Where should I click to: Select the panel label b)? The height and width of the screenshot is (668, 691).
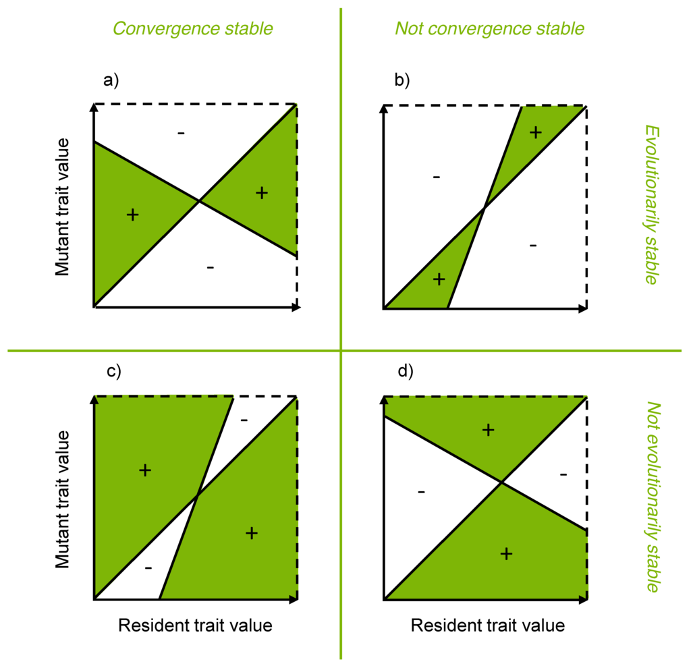[x=402, y=80]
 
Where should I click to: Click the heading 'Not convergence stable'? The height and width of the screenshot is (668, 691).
[x=489, y=28]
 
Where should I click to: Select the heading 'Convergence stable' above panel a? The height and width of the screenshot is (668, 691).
[x=192, y=28]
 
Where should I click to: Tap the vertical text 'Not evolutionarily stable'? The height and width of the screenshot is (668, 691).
[x=651, y=497]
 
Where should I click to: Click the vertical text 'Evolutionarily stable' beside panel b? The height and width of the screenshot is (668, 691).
[x=651, y=204]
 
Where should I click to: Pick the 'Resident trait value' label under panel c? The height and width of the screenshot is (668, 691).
[x=195, y=625]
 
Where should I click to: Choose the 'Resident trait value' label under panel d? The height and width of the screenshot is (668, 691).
[x=488, y=625]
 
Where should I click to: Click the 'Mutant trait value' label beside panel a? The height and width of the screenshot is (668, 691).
[x=63, y=206]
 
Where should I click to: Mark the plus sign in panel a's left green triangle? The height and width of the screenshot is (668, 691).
[x=133, y=215]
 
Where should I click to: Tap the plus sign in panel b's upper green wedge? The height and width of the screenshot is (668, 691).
[x=536, y=132]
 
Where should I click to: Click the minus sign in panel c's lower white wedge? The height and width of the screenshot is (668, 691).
[x=148, y=568]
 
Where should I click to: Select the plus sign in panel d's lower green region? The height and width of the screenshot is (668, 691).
[x=506, y=554]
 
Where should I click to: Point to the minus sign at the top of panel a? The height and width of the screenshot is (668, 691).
[x=181, y=134]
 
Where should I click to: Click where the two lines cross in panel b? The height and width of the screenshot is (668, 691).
[x=484, y=208]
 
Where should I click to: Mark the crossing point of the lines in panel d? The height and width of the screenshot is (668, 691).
[x=501, y=482]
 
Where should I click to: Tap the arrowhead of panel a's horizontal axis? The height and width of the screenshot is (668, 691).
[x=297, y=308]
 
